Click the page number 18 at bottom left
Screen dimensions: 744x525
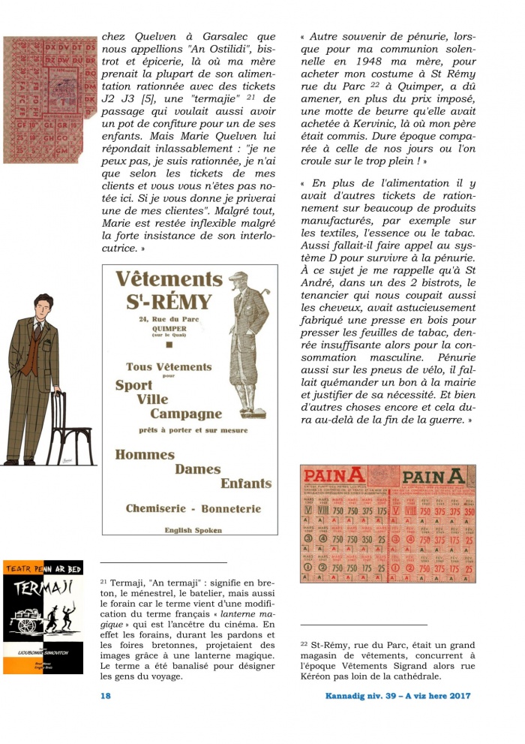[x=106, y=696]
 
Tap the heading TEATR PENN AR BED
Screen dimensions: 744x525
[x=43, y=568]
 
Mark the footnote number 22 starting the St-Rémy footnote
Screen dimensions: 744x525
[x=304, y=643]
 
